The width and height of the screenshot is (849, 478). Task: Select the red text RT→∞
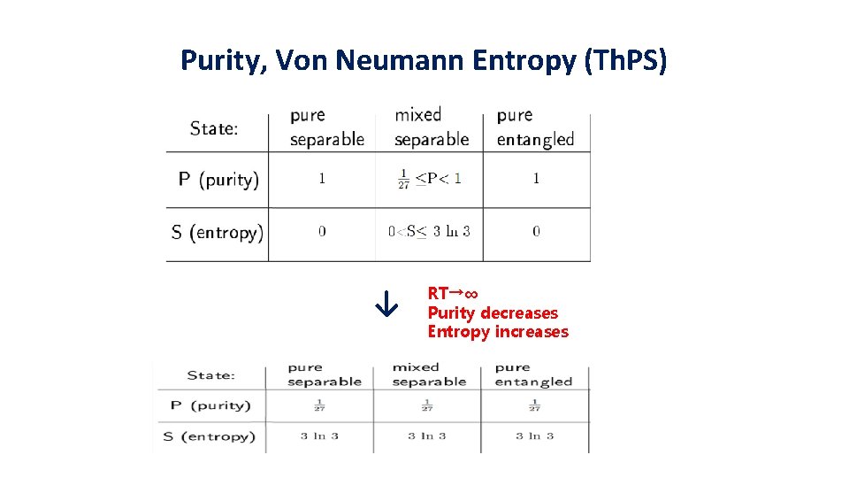point(453,293)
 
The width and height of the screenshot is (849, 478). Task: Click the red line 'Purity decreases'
point(493,312)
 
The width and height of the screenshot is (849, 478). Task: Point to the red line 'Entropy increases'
point(498,332)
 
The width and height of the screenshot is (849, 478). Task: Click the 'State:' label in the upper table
point(214,128)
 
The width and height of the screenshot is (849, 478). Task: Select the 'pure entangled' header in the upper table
point(535,127)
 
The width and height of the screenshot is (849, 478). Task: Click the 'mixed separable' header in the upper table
point(431,127)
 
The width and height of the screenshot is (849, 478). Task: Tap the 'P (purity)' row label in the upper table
point(218,179)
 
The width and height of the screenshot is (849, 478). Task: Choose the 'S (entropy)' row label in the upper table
point(217,233)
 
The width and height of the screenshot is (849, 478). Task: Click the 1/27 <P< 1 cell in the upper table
point(429,179)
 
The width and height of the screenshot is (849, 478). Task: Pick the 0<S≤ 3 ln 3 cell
point(429,232)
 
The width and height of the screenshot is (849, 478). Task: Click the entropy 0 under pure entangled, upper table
point(536,232)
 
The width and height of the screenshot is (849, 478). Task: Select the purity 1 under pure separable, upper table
point(322,179)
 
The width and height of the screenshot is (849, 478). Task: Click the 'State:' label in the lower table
point(210,374)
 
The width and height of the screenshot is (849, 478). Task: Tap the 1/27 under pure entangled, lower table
point(534,405)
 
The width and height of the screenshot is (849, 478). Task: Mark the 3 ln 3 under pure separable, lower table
point(319,436)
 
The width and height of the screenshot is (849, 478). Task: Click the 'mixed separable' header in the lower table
point(429,374)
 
